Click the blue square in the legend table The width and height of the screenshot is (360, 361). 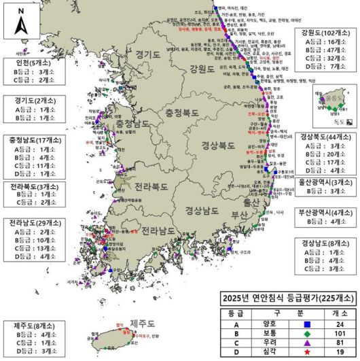tap(305, 324)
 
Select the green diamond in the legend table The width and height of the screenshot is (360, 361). tap(305, 334)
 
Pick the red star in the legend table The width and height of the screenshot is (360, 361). tap(305, 354)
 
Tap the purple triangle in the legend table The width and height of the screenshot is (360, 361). tap(305, 344)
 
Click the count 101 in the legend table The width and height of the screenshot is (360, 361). tap(340, 334)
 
